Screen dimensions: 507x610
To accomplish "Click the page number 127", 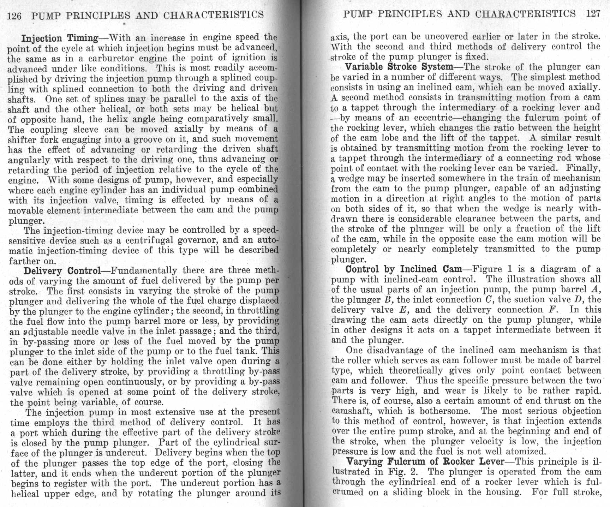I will pos(593,14).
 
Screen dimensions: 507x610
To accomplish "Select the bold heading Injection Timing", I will pos(60,38).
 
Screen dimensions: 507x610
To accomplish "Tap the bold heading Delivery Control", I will pos(62,271).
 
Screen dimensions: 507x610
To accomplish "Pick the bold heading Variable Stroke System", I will pos(399,67).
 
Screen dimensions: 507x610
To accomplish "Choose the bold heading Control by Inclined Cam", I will pos(403,269).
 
